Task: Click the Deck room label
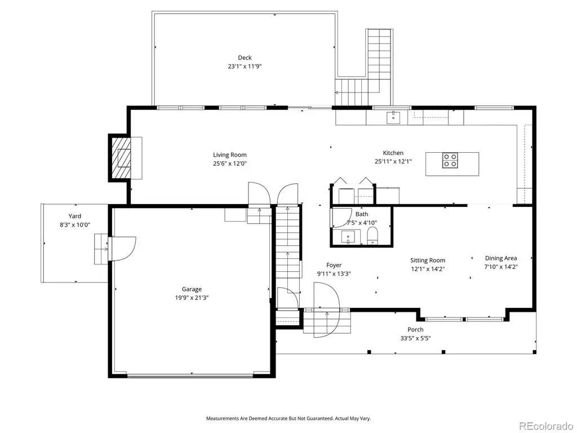pos(245,58)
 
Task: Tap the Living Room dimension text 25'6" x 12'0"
pos(230,164)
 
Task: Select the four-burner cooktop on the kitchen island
pos(450,160)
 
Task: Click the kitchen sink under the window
pos(393,117)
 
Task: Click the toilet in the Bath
pos(373,236)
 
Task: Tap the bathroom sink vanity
pos(347,236)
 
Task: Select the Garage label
pos(192,289)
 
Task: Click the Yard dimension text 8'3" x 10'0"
pos(75,224)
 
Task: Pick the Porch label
pos(415,329)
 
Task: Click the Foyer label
pos(334,265)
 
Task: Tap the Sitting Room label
pos(428,260)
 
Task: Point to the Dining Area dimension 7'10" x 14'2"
pos(501,267)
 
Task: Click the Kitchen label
pos(393,153)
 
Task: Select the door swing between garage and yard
pos(122,249)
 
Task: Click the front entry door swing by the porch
pos(327,310)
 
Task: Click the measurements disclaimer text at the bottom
pos(288,419)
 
